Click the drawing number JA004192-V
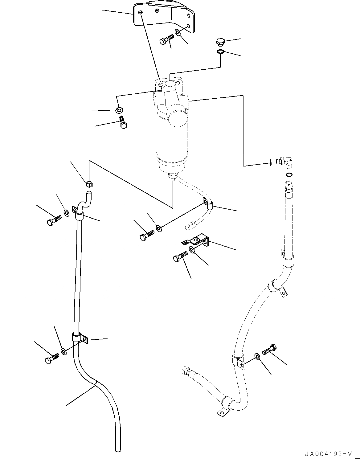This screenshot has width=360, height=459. (x=329, y=453)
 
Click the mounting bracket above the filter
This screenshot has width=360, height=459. (x=163, y=15)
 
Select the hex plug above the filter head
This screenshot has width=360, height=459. (x=220, y=42)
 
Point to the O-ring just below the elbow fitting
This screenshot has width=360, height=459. (x=289, y=175)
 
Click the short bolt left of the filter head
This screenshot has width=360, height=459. (x=123, y=123)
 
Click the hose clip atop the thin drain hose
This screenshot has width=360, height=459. (x=89, y=184)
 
